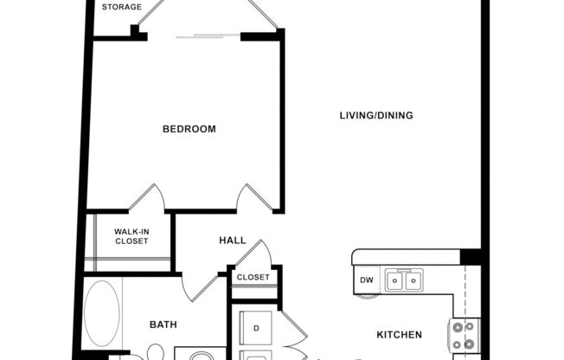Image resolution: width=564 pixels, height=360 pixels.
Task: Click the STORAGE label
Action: pyautogui.click(x=122, y=8)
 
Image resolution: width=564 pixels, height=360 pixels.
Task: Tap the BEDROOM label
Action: pyautogui.click(x=189, y=129)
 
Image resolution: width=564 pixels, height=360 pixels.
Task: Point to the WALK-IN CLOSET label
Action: pyautogui.click(x=131, y=236)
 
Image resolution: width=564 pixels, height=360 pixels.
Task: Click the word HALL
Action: pyautogui.click(x=232, y=241)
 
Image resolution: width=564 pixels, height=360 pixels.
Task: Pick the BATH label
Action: pyautogui.click(x=163, y=325)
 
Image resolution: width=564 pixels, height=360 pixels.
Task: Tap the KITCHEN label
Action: pyautogui.click(x=399, y=334)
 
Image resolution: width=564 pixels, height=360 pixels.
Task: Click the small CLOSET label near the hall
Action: pyautogui.click(x=253, y=278)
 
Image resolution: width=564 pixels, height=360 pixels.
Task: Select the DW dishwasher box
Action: pyautogui.click(x=365, y=280)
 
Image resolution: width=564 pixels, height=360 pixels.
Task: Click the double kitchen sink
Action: pyautogui.click(x=404, y=280)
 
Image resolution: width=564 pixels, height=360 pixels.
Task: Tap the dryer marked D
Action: pyautogui.click(x=256, y=326)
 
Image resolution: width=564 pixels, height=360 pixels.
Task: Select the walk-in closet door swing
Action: pyautogui.click(x=147, y=197)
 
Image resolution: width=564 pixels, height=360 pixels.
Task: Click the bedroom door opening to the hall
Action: pyautogui.click(x=254, y=197)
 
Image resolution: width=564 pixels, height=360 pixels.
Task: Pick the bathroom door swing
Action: pyautogui.click(x=196, y=287)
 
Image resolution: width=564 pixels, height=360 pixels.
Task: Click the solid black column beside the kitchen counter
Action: pyautogui.click(x=470, y=256)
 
